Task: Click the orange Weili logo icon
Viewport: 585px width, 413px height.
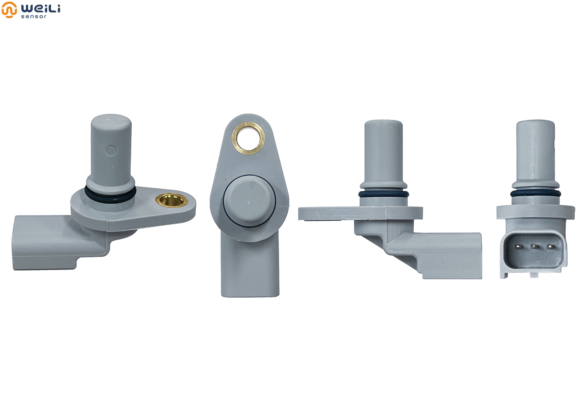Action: tap(9, 10)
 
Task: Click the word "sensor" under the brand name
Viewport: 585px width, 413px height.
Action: tap(34, 16)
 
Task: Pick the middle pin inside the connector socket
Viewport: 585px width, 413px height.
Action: tap(534, 246)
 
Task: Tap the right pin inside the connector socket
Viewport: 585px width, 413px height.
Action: tap(550, 246)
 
